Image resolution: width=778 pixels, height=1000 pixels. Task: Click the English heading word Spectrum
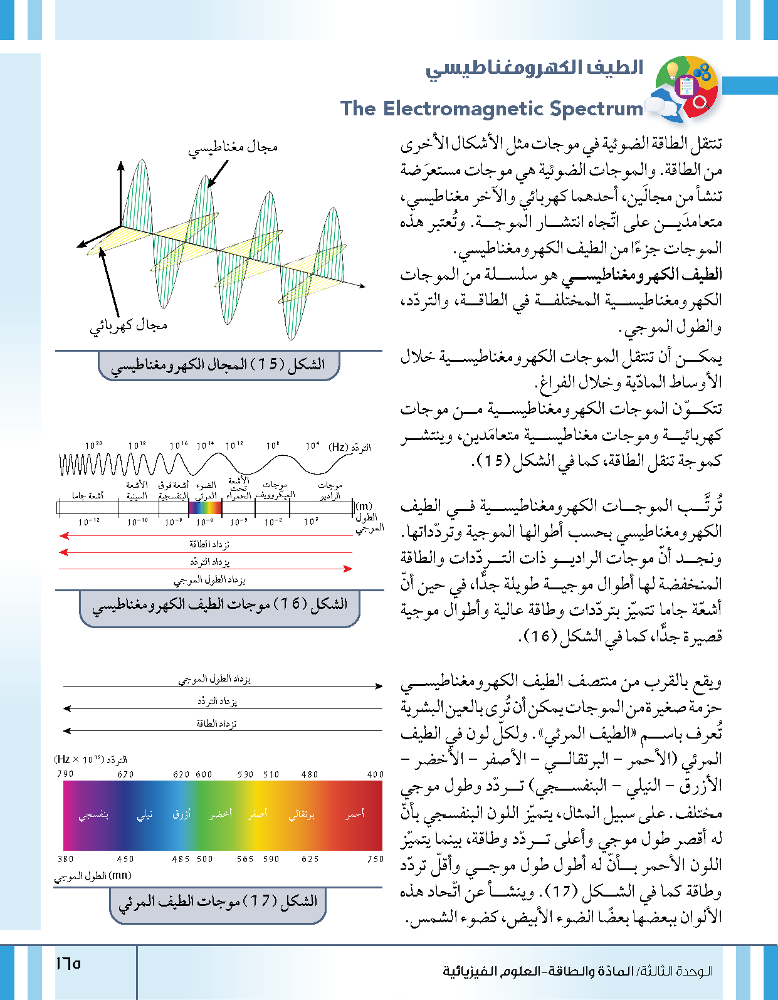tap(596, 108)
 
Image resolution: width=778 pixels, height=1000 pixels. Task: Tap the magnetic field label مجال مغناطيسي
tap(233, 147)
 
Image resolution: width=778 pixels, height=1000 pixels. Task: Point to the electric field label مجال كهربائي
tap(128, 325)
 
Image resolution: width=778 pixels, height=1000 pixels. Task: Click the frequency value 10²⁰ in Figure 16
tap(94, 446)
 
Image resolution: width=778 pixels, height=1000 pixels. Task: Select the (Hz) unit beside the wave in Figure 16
tap(339, 446)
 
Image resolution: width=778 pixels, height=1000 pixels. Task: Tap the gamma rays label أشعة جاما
tap(87, 496)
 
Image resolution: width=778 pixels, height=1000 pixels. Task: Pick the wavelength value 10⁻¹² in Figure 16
tap(88, 522)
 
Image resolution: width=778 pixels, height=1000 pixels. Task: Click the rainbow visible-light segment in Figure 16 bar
tap(205, 507)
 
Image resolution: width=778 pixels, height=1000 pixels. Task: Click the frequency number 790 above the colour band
tap(65, 774)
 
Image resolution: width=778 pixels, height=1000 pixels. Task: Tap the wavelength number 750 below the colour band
tap(375, 859)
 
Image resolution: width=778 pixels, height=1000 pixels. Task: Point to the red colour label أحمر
tap(355, 814)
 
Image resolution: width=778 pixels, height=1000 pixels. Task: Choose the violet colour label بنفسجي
tap(93, 814)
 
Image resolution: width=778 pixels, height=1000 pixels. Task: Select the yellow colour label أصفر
tap(257, 814)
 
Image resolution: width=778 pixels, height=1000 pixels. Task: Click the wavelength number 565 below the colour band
tap(245, 859)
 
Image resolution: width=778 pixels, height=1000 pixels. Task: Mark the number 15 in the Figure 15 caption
tap(268, 364)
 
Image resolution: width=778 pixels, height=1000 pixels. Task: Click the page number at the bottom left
tap(68, 963)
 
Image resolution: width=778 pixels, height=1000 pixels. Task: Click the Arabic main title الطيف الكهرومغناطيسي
tap(534, 68)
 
